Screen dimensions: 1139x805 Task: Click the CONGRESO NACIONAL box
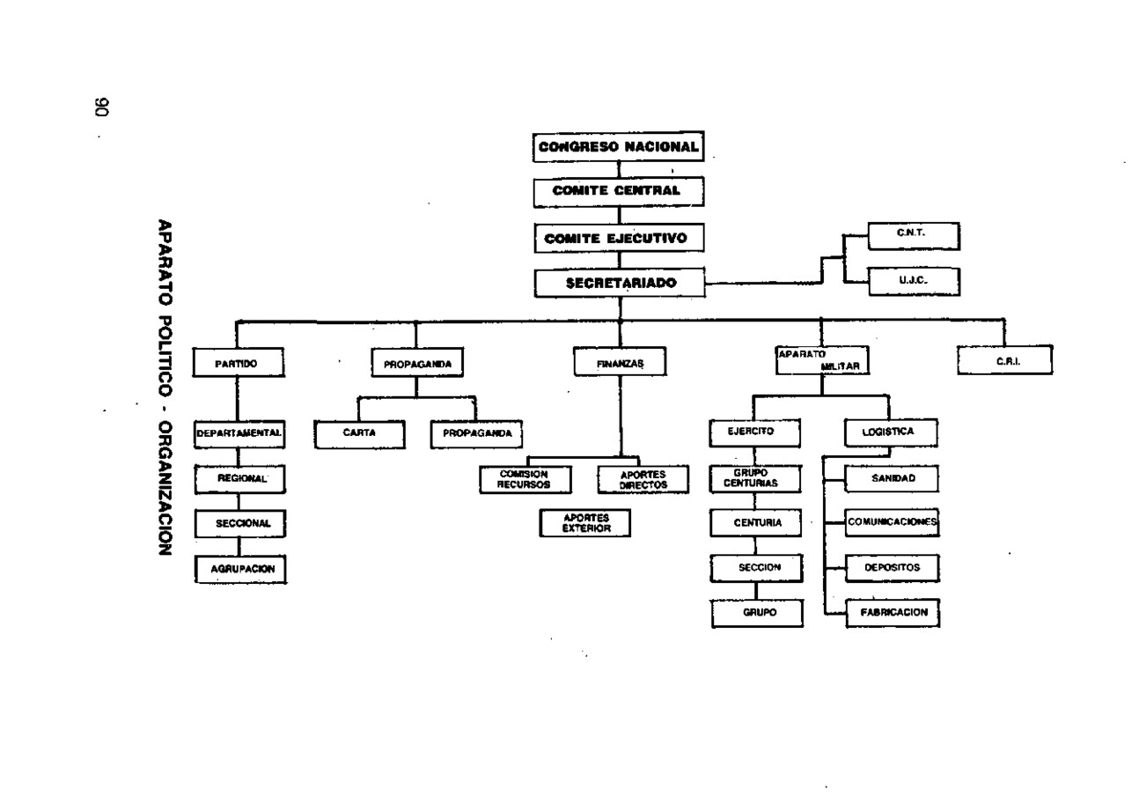click(x=618, y=146)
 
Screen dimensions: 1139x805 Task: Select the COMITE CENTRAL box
click(x=619, y=192)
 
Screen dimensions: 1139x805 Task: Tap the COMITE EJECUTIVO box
click(x=620, y=238)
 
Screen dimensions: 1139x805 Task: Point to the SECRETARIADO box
click(x=620, y=283)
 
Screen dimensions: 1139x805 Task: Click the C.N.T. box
click(x=914, y=235)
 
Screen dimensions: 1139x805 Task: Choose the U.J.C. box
click(x=915, y=281)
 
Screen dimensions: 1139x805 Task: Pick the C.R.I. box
click(x=1005, y=359)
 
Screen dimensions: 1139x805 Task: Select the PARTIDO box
click(x=239, y=362)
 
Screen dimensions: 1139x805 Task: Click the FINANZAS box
click(x=620, y=362)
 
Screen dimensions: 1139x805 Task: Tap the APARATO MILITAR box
click(x=822, y=360)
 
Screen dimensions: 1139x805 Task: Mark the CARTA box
click(x=359, y=434)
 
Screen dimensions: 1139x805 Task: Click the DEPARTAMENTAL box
click(x=239, y=434)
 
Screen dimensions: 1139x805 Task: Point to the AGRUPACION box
click(x=240, y=569)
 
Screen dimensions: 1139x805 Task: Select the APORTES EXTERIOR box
click(x=585, y=523)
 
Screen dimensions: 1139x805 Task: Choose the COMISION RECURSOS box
click(x=525, y=479)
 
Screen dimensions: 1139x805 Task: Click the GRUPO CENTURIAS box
click(x=755, y=479)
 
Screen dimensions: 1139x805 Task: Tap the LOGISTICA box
click(x=892, y=432)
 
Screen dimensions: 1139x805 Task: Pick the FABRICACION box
click(x=893, y=613)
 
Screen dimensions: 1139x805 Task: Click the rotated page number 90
click(x=102, y=107)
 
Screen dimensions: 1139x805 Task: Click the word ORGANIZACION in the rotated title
click(x=165, y=489)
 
